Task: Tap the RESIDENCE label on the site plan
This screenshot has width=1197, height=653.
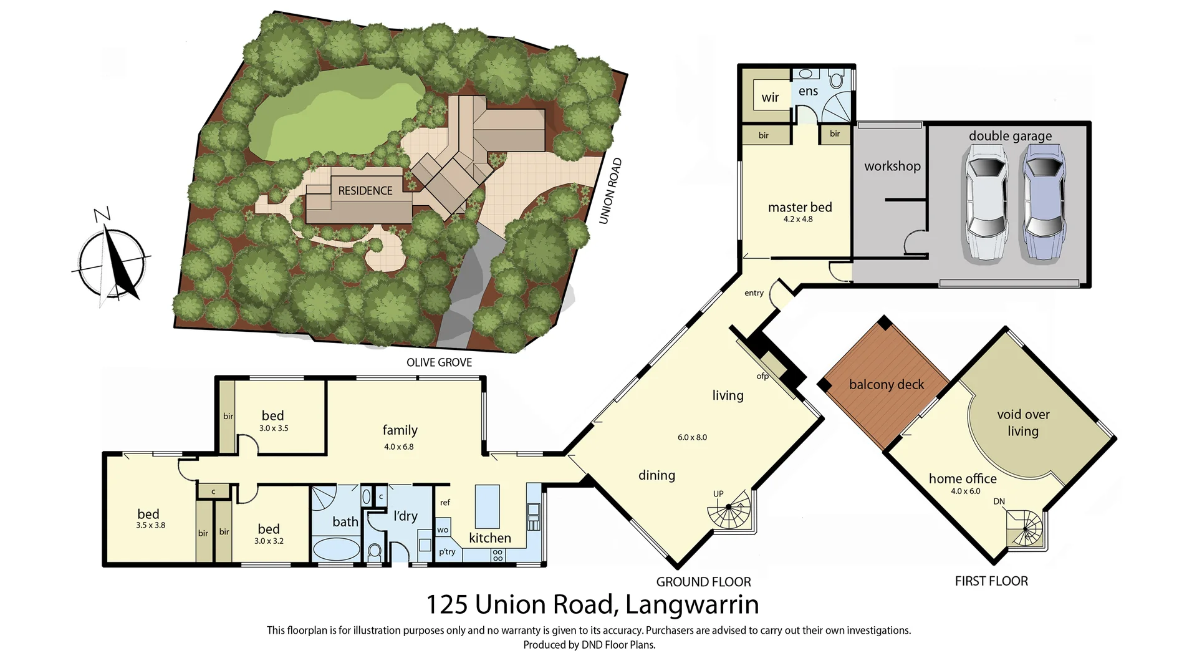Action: (x=365, y=191)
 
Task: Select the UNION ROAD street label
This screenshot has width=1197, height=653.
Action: (x=610, y=191)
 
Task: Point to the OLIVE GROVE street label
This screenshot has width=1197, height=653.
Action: (x=439, y=362)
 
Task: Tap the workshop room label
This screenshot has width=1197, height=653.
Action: (x=892, y=166)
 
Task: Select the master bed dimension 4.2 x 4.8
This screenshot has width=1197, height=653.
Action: (x=798, y=220)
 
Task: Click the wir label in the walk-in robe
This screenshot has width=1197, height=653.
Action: (x=770, y=97)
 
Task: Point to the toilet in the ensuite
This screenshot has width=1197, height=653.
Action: (x=837, y=79)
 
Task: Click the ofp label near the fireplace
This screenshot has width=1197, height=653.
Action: (x=762, y=376)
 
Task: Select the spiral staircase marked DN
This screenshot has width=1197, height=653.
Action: (x=1025, y=530)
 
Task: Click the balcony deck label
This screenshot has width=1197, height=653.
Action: (x=886, y=385)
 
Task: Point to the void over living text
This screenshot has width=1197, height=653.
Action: (x=1023, y=423)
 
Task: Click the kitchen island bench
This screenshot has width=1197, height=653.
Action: (x=487, y=506)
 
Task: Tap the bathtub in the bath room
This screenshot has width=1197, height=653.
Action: (x=335, y=550)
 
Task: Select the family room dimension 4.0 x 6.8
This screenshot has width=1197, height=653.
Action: (x=399, y=447)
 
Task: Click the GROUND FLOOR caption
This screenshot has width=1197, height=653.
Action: (x=703, y=582)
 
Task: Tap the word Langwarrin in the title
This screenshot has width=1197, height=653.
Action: (x=691, y=604)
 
